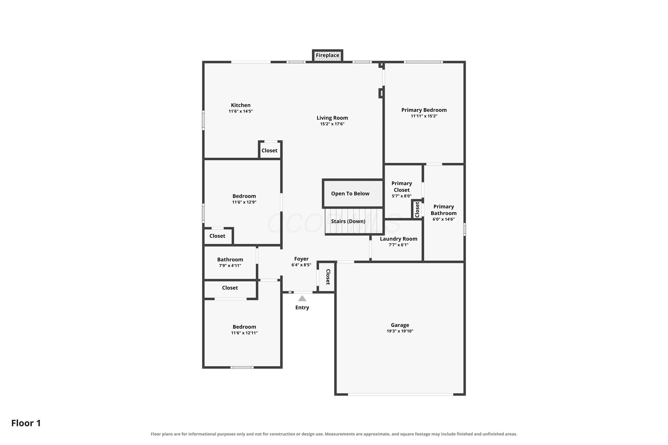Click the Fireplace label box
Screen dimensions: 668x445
328,55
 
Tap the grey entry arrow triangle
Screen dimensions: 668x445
302,298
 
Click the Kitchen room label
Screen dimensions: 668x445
240,105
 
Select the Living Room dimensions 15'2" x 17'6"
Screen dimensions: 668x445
332,124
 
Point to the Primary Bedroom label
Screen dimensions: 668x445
424,110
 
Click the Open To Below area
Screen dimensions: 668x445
353,194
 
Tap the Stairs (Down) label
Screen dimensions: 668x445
348,221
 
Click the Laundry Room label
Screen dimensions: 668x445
399,239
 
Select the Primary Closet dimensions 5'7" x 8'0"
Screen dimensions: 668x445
402,196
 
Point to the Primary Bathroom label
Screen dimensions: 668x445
444,210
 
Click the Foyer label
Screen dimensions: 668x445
301,259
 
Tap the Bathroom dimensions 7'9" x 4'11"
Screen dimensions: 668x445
230,266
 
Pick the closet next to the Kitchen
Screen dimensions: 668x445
270,150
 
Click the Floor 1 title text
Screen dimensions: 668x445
26,423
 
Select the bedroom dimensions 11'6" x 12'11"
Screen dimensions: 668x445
244,333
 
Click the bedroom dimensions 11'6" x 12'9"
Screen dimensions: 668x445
244,202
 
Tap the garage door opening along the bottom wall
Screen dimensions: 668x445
400,394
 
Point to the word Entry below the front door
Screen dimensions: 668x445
302,308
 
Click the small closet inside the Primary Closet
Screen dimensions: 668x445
417,209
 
